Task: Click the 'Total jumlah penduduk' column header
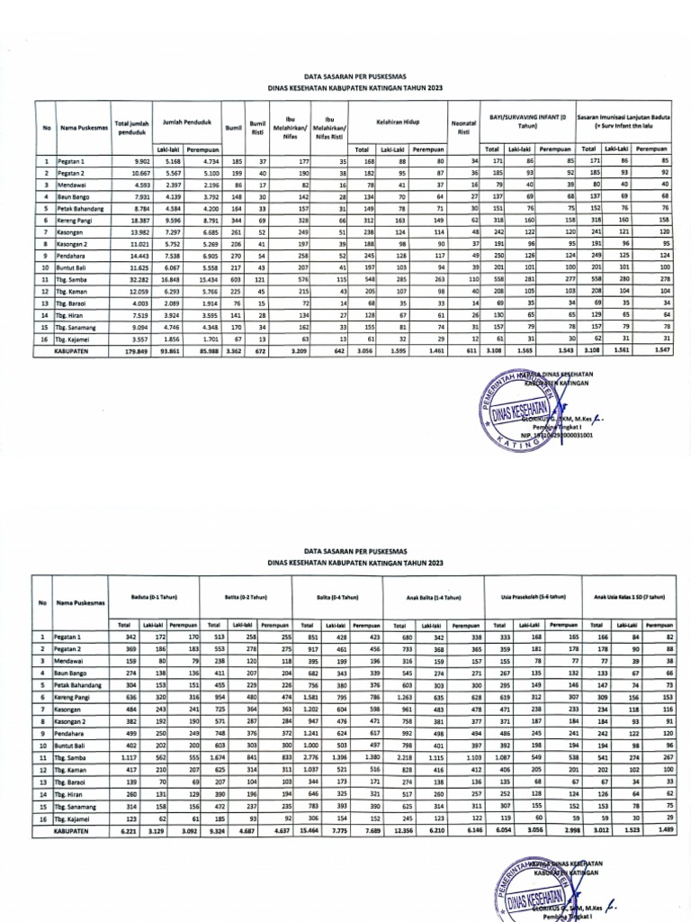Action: pyautogui.click(x=130, y=128)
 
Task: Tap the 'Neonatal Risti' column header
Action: pyautogui.click(x=464, y=128)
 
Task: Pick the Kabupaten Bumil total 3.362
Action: pyautogui.click(x=234, y=352)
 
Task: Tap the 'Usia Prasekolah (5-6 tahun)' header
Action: pyautogui.click(x=534, y=596)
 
